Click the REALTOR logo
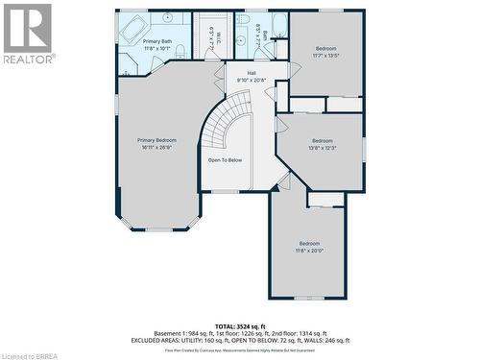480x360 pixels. [27, 33]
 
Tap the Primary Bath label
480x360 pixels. [157, 41]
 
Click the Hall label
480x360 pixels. [252, 73]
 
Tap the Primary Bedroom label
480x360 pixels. [157, 140]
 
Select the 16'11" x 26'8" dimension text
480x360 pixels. [157, 147]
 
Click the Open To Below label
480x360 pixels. [225, 160]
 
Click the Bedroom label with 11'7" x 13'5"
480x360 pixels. [326, 48]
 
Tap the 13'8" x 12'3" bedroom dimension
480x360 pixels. [321, 147]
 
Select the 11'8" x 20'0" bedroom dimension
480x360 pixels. [308, 251]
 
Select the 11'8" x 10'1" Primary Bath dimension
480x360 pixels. [157, 48]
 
